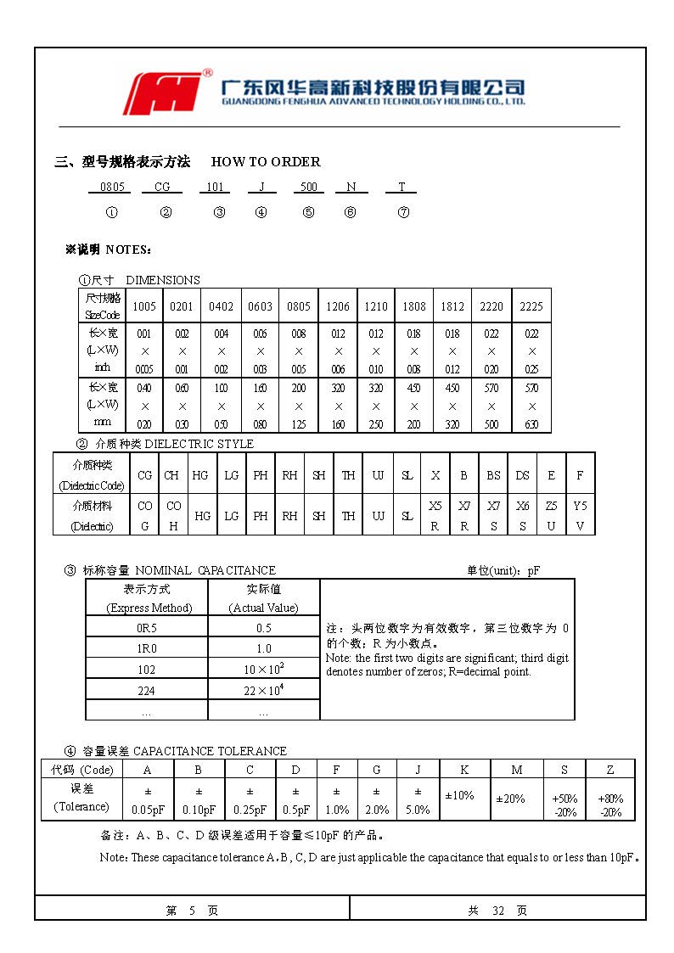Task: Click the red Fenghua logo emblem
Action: pos(166,92)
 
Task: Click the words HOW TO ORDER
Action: pos(266,161)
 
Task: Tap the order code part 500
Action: pos(309,188)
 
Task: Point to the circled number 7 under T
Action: pos(403,212)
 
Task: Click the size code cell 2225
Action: pos(531,306)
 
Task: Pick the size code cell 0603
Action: pos(260,306)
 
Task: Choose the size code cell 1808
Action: pos(414,306)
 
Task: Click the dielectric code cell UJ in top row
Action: pos(378,475)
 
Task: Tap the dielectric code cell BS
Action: pos(493,475)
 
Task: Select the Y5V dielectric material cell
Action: pos(580,515)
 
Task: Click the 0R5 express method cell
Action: pos(146,627)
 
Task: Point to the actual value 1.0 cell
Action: pos(264,648)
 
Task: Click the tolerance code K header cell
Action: pos(464,769)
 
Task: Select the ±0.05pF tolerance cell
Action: pos(148,800)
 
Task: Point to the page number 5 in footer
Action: pos(192,911)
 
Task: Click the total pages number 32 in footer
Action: pos(498,911)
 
